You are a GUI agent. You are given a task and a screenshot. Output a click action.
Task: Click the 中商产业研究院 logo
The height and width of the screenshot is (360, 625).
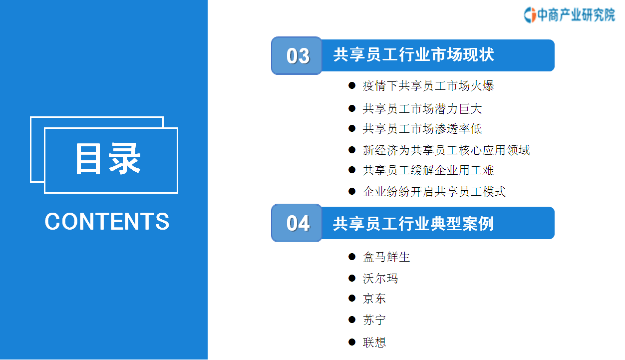coord(570,15)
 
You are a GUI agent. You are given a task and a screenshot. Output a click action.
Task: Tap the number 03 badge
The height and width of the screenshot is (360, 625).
coord(297,55)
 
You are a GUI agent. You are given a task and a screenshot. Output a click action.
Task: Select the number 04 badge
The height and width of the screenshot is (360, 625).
coord(297,223)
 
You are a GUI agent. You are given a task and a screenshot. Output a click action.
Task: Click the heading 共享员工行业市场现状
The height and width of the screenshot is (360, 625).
coord(413,54)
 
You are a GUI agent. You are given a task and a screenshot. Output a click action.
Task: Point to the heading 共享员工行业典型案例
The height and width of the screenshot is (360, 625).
coord(413,224)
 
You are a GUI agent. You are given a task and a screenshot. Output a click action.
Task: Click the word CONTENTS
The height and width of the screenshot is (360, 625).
coord(107,221)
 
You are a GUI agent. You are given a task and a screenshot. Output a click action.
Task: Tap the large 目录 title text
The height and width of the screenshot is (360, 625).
coord(108,159)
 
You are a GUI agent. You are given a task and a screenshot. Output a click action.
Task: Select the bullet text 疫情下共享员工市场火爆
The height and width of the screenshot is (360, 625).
coord(428,86)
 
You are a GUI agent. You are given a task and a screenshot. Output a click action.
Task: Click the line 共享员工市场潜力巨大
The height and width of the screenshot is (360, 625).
coord(422,108)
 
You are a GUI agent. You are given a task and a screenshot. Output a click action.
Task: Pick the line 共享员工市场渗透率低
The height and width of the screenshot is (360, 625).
coord(422,129)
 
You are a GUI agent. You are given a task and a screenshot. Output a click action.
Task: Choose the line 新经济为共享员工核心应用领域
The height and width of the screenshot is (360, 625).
coord(446,150)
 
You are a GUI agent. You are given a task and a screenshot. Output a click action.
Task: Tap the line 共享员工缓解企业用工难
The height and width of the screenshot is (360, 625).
coord(428,170)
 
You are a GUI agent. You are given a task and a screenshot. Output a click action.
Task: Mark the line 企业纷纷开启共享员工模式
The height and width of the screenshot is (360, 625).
coord(434,192)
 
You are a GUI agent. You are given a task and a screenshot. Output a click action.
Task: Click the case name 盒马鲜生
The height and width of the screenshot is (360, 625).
coord(386,257)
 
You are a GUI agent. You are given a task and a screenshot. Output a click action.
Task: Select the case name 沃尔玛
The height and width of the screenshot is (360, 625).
coord(380,278)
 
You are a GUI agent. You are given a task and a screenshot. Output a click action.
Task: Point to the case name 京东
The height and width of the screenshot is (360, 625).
coord(374,298)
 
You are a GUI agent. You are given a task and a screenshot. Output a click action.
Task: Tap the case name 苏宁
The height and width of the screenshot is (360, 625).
coord(374,320)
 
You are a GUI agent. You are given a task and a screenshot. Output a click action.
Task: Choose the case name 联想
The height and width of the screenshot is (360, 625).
coord(374,342)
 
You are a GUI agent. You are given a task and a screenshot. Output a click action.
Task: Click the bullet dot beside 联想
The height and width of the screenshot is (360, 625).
coord(352,342)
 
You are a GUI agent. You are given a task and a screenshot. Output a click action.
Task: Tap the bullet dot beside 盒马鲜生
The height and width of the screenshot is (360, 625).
coord(352,257)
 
